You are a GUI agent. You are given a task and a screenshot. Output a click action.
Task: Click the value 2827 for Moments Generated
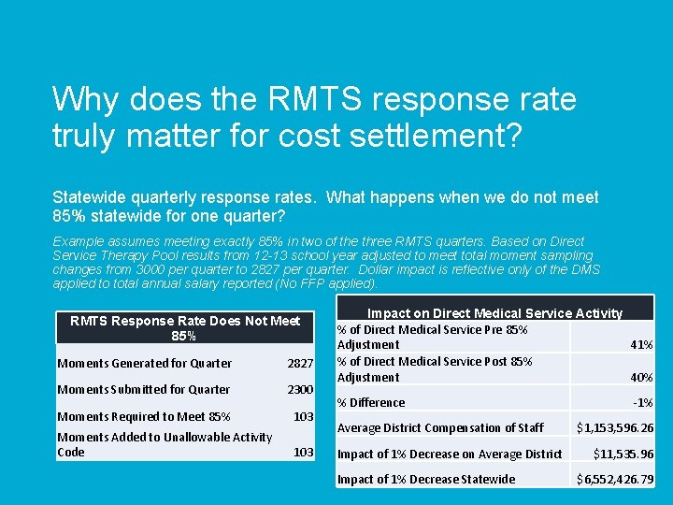click(x=299, y=363)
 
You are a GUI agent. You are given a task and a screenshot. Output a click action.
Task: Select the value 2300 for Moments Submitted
click(x=299, y=389)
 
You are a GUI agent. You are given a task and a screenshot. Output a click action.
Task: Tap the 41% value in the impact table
click(x=641, y=344)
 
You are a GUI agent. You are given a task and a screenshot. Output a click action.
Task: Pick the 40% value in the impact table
click(x=641, y=377)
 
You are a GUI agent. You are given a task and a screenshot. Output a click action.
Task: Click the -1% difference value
click(x=643, y=403)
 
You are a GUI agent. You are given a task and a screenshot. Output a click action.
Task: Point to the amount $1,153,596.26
click(x=615, y=428)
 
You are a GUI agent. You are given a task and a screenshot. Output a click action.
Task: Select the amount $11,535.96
click(x=623, y=454)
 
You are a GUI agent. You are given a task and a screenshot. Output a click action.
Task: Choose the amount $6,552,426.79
click(x=615, y=480)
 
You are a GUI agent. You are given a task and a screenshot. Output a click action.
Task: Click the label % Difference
click(x=370, y=403)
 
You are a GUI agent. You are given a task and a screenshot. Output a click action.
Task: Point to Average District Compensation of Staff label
click(x=439, y=428)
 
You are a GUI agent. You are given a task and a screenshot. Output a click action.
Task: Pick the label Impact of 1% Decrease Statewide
click(x=425, y=480)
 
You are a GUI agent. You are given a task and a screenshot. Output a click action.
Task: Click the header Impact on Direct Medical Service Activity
click(x=494, y=313)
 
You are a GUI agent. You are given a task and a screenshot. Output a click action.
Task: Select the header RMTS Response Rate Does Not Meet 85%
click(x=184, y=327)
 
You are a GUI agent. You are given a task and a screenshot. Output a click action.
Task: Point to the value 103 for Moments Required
click(x=303, y=416)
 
